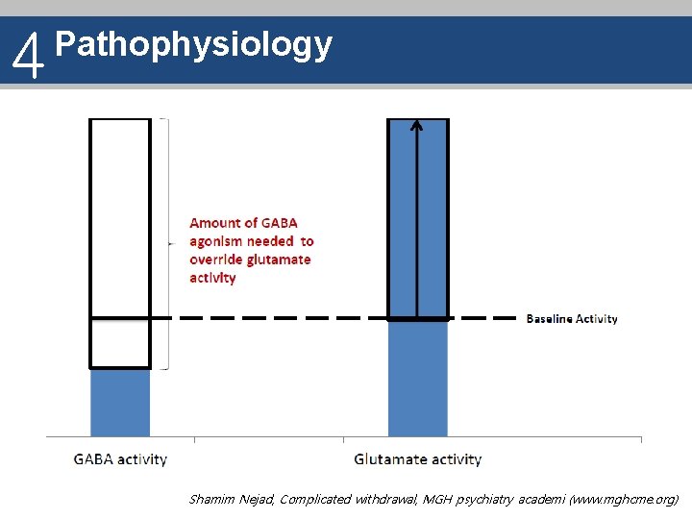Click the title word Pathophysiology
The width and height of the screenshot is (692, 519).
point(194,44)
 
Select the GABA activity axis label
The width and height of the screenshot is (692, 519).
point(120,459)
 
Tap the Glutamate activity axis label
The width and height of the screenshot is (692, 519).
point(417,459)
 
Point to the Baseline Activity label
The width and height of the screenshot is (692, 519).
point(572,319)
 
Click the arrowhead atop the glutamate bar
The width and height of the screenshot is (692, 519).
point(416,124)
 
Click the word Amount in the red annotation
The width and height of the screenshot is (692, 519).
point(216,223)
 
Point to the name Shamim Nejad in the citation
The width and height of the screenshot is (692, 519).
point(231,500)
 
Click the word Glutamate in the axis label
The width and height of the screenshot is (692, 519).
point(386,459)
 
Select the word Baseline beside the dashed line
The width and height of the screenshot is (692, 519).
point(548,319)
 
